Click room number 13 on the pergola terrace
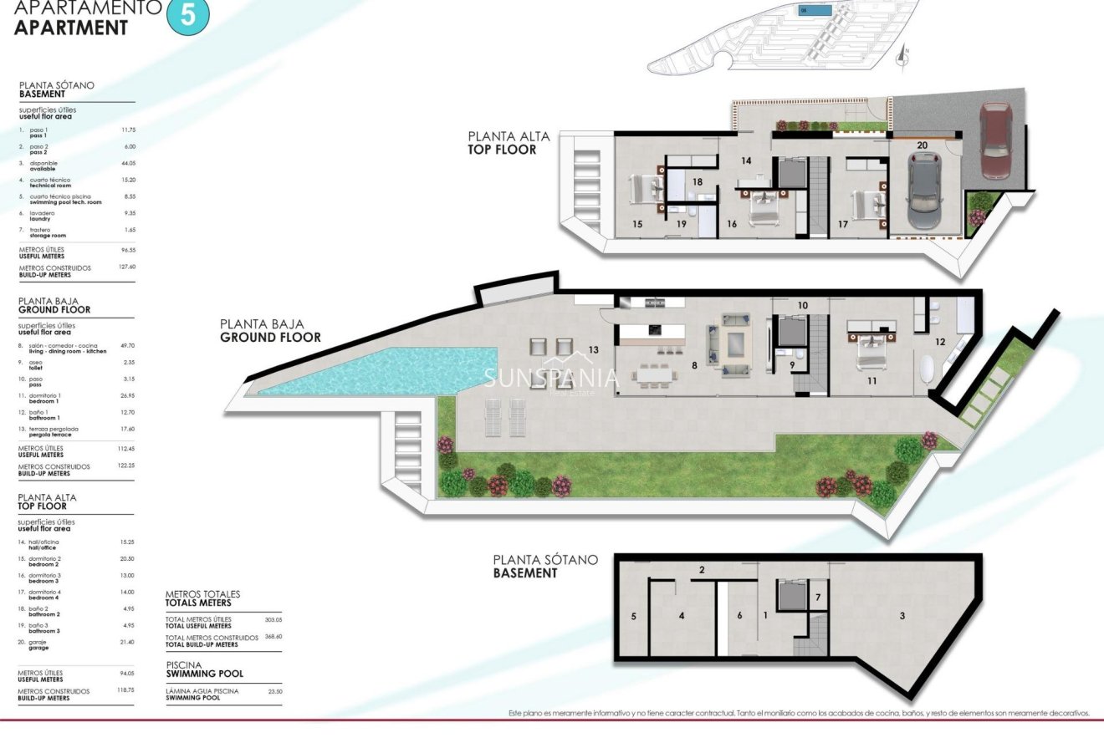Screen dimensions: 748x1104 point(593,349)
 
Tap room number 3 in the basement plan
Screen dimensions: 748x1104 point(902,616)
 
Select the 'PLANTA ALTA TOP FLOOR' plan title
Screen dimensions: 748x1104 point(502,143)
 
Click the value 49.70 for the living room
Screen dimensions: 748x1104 point(128,344)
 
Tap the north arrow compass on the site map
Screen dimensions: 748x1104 point(902,55)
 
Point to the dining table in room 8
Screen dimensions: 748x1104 point(656,375)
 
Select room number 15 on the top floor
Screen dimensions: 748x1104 point(637,224)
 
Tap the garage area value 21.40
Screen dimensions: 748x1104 point(128,641)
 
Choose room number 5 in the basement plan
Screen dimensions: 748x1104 point(633,616)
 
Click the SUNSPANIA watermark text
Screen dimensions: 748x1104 point(550,378)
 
